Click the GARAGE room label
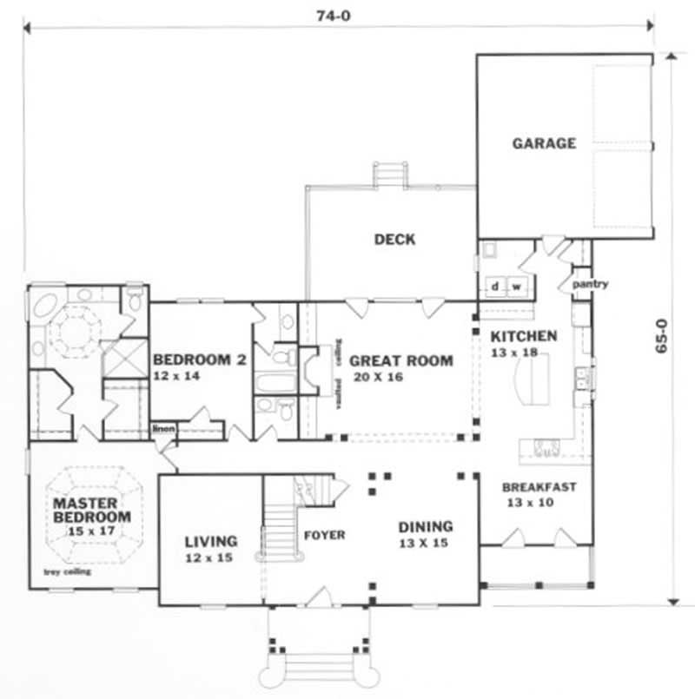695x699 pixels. pos(544,143)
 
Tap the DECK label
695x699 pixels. pos(394,240)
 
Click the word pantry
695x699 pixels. pos(590,284)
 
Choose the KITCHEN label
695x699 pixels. pos(524,336)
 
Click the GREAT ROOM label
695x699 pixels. pos(400,361)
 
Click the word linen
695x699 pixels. pos(162,428)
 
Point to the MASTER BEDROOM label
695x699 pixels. pos(91,510)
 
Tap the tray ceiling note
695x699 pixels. pos(68,572)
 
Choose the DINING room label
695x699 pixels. pos(426,526)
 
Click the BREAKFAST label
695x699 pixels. pos(539,487)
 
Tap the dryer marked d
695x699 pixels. pos(494,286)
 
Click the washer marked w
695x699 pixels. pos(515,286)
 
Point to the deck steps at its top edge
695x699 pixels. pos(390,174)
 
